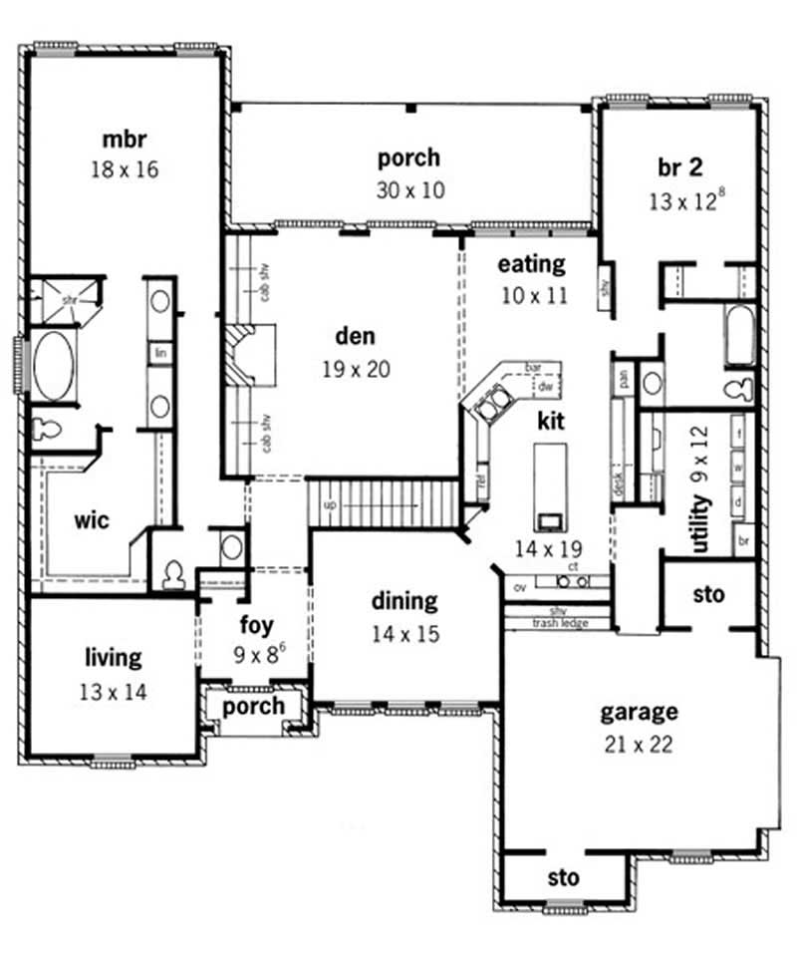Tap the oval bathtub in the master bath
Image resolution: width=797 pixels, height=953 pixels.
pyautogui.click(x=54, y=366)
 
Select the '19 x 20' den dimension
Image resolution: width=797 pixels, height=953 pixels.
pyautogui.click(x=355, y=369)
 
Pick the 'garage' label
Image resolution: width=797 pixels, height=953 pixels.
pyautogui.click(x=639, y=712)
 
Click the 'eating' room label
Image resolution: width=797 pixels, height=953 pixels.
pyautogui.click(x=531, y=264)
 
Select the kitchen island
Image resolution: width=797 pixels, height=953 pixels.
pyautogui.click(x=549, y=488)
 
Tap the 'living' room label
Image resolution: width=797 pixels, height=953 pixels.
pyautogui.click(x=114, y=658)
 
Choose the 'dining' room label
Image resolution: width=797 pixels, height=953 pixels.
pyautogui.click(x=404, y=601)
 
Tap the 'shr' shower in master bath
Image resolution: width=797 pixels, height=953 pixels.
pyautogui.click(x=66, y=298)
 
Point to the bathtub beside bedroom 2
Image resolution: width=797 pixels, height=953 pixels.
pyautogui.click(x=740, y=336)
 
